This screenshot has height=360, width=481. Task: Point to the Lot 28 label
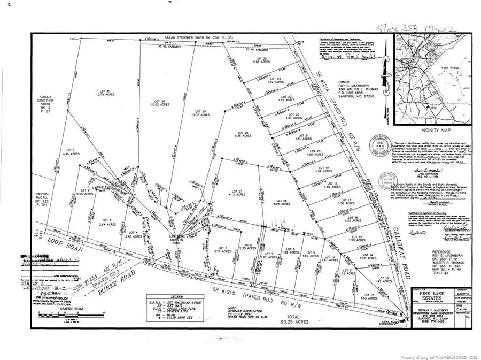pos(243,134)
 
